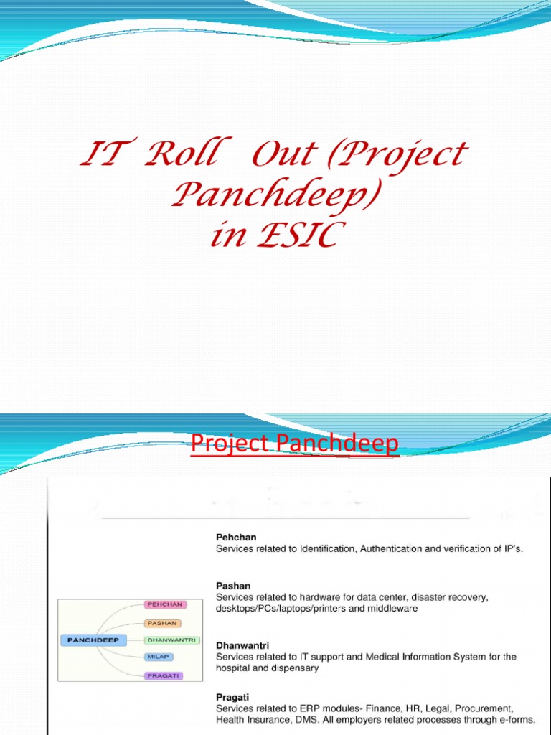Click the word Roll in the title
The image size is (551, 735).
[179, 156]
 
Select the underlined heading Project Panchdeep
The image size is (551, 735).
[294, 444]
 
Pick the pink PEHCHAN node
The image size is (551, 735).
[165, 604]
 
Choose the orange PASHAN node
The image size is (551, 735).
[162, 623]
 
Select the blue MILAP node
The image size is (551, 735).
[158, 657]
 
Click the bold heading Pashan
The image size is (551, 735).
[233, 586]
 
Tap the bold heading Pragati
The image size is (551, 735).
[232, 696]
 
